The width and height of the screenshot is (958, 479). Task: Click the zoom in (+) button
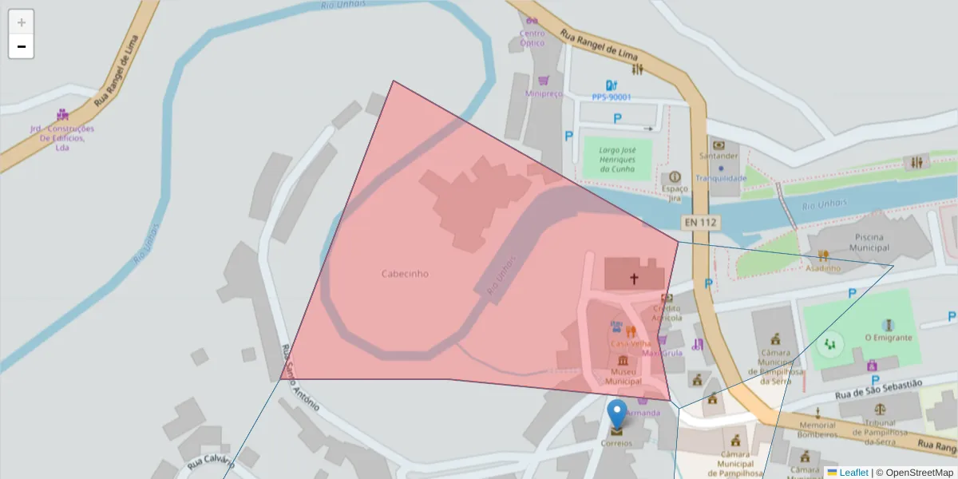click(x=22, y=22)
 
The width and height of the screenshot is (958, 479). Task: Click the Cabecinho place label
click(x=405, y=274)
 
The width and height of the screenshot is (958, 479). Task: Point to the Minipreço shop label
click(x=544, y=93)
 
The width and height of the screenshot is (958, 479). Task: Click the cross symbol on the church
click(x=635, y=279)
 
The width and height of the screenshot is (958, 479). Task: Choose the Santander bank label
click(x=718, y=156)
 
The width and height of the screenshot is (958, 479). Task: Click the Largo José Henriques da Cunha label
click(x=616, y=160)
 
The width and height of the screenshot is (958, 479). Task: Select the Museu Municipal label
click(x=623, y=377)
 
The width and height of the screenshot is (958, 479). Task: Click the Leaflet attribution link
click(x=853, y=473)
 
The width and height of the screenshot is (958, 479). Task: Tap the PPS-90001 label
click(x=612, y=97)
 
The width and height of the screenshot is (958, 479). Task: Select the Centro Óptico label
click(x=532, y=38)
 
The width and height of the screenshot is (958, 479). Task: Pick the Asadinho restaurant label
click(x=823, y=268)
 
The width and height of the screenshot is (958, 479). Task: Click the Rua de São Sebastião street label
click(x=878, y=390)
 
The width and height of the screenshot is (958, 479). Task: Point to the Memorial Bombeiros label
click(x=817, y=430)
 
